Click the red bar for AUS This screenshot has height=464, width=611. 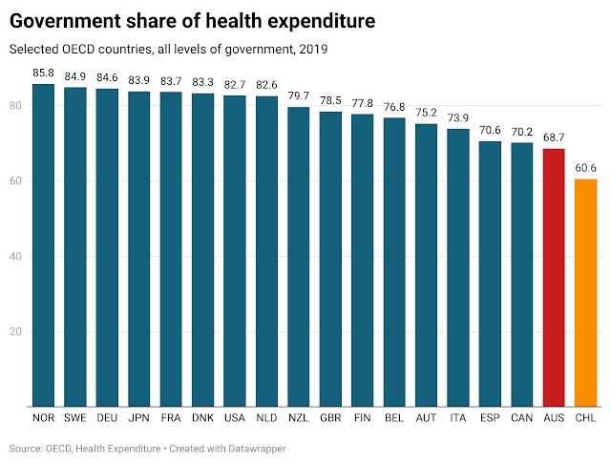pyautogui.click(x=554, y=278)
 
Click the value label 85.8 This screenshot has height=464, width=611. pyautogui.click(x=43, y=73)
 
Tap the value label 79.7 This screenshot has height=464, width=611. pyautogui.click(x=298, y=95)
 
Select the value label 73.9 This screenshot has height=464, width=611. pyautogui.click(x=458, y=117)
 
